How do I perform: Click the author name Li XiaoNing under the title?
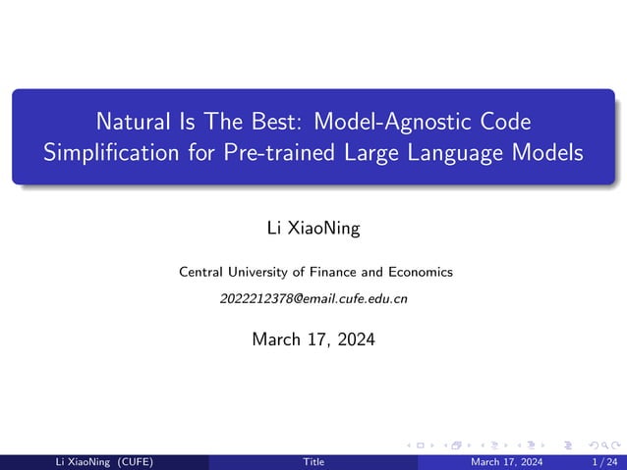[x=313, y=229]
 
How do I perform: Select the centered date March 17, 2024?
[x=313, y=339]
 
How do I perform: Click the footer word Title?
[x=313, y=462]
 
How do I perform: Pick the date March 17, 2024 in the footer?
[x=506, y=462]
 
